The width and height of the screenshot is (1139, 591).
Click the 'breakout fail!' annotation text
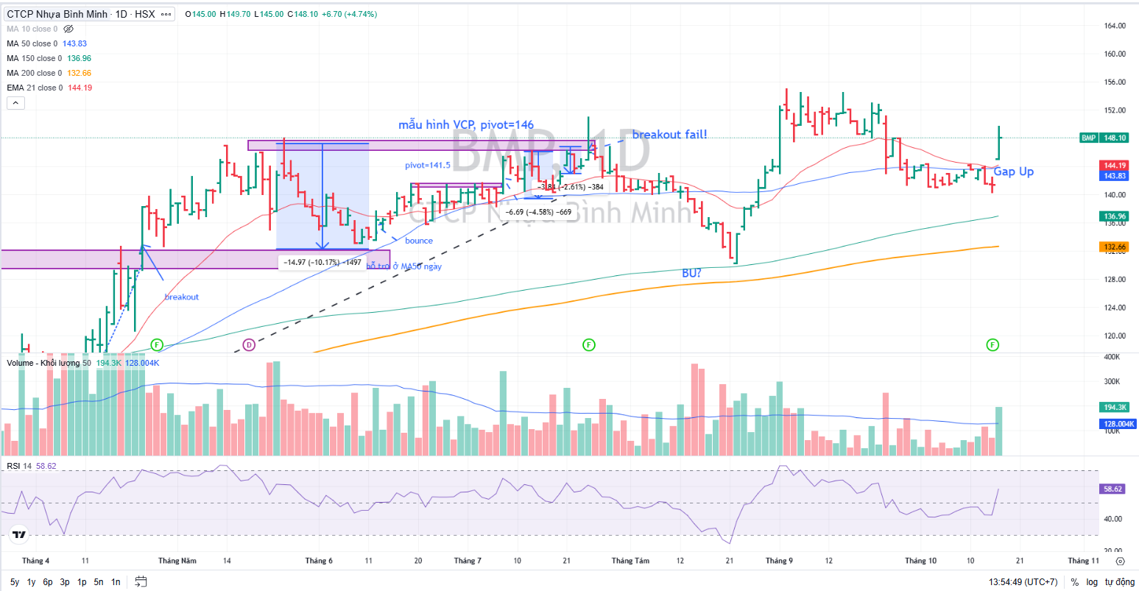point(669,135)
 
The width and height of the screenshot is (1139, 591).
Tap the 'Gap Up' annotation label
point(1013,171)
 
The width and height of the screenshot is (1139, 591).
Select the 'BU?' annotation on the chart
point(691,273)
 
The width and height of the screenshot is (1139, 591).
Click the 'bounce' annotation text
point(419,241)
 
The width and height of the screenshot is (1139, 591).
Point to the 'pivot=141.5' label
point(428,166)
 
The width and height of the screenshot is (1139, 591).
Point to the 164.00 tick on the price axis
point(1115,26)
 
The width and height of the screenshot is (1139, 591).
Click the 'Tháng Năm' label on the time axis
point(177,561)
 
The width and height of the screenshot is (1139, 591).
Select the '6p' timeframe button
point(48,582)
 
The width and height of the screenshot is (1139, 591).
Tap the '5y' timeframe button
point(15,582)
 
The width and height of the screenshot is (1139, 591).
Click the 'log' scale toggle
point(1092,582)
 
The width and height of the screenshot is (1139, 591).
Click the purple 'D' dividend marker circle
point(249,344)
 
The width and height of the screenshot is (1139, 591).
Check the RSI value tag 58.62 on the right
point(1112,489)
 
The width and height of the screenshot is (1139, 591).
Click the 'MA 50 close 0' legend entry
point(32,43)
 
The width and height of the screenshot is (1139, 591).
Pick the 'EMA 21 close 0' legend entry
point(35,88)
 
